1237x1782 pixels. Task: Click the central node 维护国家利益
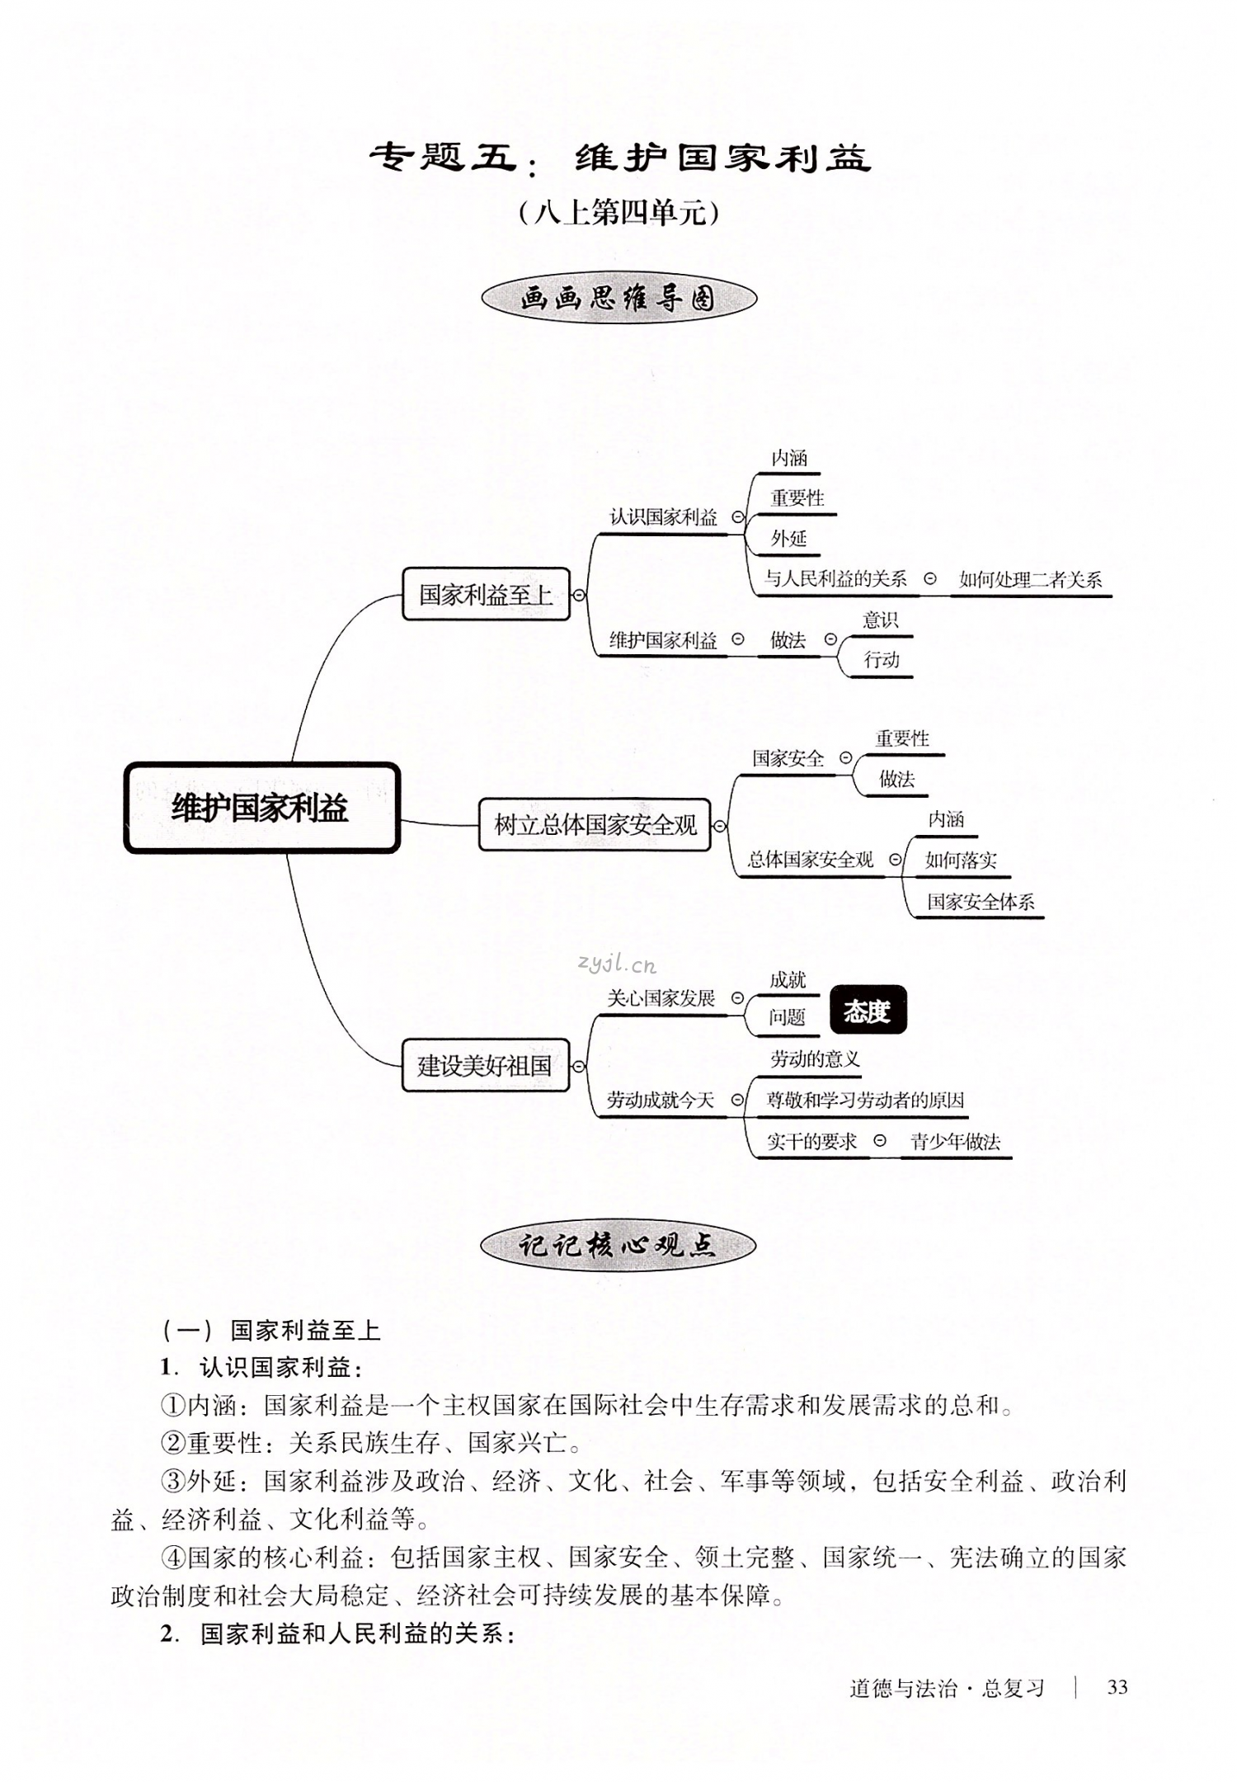[261, 808]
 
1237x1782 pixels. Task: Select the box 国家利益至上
[486, 594]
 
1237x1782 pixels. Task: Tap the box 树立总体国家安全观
[595, 824]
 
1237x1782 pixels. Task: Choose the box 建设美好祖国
[485, 1065]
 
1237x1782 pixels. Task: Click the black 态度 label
[868, 1010]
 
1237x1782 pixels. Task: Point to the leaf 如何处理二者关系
[1030, 580]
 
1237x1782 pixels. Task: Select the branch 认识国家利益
[663, 517]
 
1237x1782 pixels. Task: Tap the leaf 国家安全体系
[980, 902]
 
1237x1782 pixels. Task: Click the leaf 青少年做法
[955, 1142]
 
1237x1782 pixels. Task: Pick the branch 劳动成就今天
[660, 1100]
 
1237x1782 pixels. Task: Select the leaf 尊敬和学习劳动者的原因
[865, 1100]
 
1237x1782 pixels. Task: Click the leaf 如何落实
[961, 860]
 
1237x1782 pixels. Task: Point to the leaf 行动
[881, 659]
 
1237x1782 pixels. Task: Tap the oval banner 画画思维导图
[618, 299]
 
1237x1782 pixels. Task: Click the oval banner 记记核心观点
[618, 1246]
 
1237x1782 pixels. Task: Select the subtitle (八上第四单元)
[618, 214]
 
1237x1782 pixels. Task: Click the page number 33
[1117, 1687]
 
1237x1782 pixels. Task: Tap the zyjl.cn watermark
[617, 962]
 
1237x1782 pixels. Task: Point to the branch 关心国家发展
[661, 998]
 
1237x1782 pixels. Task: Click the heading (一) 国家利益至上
[271, 1330]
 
